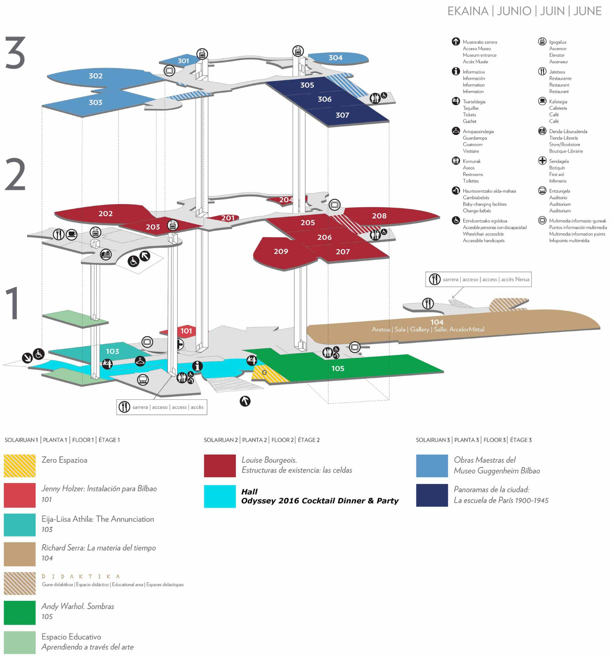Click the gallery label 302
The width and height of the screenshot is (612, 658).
[x=96, y=76]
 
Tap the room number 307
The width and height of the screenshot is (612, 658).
[x=342, y=115]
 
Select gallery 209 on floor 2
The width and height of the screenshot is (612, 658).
[x=281, y=251]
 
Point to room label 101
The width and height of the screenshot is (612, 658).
[x=186, y=331]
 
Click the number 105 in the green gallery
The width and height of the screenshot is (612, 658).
[x=338, y=368]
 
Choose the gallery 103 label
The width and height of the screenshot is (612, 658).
[x=112, y=351]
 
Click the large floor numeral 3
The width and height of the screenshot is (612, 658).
[x=15, y=53]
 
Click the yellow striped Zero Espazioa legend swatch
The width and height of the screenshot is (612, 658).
[x=20, y=466]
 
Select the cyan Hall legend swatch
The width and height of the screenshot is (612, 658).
[x=220, y=496]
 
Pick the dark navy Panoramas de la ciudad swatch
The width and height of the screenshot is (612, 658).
[x=432, y=495]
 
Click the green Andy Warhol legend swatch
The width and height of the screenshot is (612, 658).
[x=20, y=612]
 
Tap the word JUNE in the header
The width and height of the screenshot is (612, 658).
[x=587, y=11]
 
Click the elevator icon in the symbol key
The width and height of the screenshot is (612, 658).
[x=542, y=42]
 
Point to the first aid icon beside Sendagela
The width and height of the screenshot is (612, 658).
[x=542, y=161]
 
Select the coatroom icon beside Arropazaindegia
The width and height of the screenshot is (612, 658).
[x=456, y=131]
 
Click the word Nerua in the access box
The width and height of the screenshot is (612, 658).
[x=522, y=279]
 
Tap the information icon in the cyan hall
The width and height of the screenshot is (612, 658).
[x=197, y=366]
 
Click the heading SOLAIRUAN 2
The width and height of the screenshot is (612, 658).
[x=221, y=440]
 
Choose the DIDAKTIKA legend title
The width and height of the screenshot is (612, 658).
[x=81, y=577]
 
